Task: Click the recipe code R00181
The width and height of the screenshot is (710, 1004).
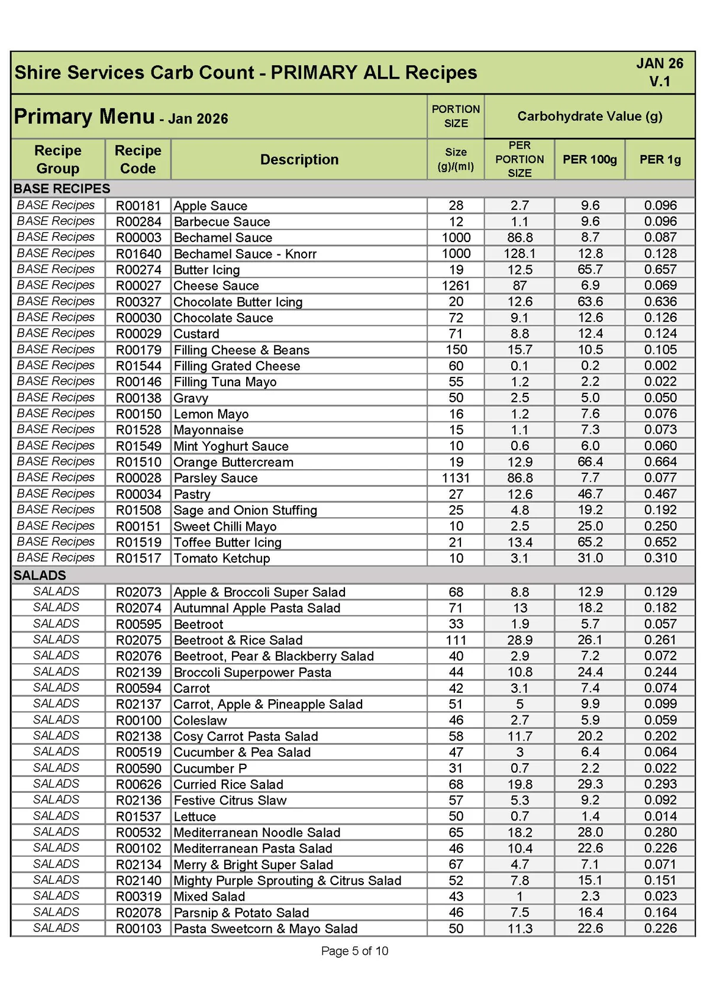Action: (x=138, y=206)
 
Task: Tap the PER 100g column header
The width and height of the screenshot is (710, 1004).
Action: (x=589, y=159)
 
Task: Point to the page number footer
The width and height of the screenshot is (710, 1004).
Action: (x=354, y=951)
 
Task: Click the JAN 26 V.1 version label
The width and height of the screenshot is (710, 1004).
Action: (x=659, y=72)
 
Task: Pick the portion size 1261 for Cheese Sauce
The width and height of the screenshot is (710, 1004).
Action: (x=456, y=286)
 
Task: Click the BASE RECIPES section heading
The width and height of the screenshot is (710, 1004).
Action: (x=62, y=189)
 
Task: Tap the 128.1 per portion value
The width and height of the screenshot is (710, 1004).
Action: (x=519, y=254)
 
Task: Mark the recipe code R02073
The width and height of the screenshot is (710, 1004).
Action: (x=138, y=592)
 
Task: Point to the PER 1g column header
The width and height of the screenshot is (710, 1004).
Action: (x=660, y=159)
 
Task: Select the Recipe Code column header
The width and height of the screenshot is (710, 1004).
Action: (x=138, y=159)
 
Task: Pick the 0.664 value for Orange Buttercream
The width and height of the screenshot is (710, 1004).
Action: (x=660, y=462)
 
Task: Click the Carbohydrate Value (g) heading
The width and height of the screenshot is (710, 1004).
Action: (x=589, y=116)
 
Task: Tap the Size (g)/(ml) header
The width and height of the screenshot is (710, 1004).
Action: (x=456, y=159)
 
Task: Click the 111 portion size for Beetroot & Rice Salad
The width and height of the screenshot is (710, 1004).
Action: (x=456, y=640)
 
